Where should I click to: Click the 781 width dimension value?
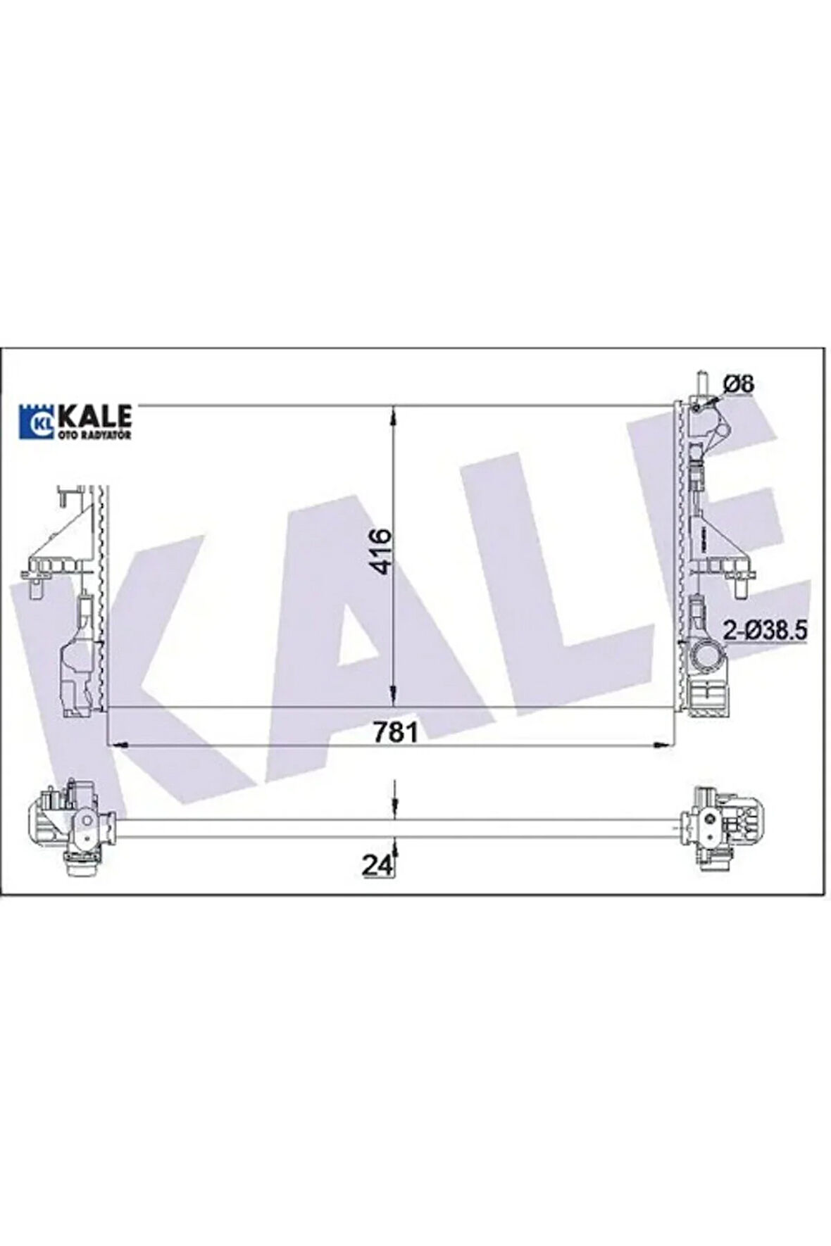pos(396,731)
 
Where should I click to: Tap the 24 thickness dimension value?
pos(377,865)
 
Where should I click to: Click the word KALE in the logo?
pos(94,415)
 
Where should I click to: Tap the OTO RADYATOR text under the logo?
pos(94,435)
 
